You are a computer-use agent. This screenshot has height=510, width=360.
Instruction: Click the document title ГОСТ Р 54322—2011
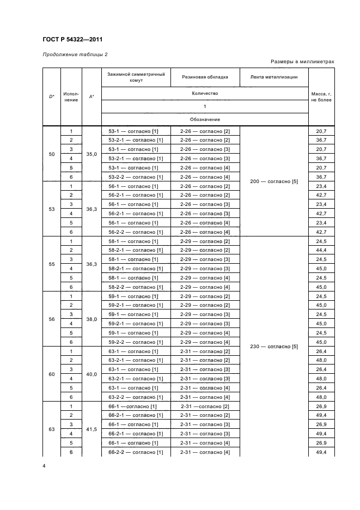coord(72,39)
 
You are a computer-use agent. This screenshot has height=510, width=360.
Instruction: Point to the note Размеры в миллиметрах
coord(302,62)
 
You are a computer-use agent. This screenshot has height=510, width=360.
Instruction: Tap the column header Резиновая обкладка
coord(205,77)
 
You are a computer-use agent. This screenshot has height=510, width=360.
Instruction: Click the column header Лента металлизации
coord(274,77)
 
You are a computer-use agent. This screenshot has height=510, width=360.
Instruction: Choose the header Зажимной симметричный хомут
coord(136,77)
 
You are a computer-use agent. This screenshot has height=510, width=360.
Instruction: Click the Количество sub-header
coord(204,93)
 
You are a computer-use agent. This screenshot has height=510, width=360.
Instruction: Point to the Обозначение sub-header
coord(204,119)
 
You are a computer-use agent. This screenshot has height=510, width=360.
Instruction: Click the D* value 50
coord(52,154)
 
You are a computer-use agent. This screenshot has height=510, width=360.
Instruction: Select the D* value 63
coord(52,429)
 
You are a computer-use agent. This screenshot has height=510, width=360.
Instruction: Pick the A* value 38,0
coord(91,319)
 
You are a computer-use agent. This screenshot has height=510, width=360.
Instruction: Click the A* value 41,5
coord(91,429)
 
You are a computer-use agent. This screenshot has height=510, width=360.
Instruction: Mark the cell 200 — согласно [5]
coord(274,181)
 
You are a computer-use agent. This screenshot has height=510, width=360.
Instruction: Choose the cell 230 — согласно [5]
coord(274,347)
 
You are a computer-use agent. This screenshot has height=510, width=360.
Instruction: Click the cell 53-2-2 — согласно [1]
coord(136,177)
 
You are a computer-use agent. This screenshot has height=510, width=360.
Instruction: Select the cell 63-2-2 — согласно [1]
coord(136,397)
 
